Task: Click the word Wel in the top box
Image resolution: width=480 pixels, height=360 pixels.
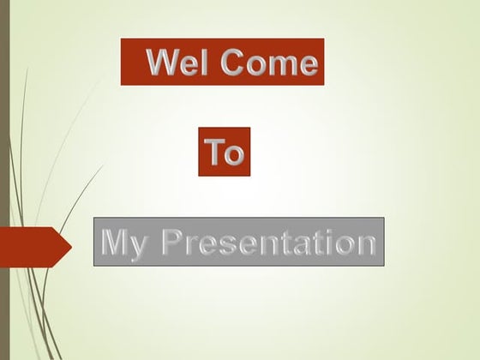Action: [177, 63]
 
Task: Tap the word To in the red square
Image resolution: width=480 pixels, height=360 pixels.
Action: [225, 153]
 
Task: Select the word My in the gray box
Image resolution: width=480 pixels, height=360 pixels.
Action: [121, 243]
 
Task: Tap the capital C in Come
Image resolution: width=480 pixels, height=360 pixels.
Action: [231, 63]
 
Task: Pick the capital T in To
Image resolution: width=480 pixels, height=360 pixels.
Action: [214, 153]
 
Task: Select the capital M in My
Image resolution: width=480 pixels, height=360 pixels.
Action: [115, 242]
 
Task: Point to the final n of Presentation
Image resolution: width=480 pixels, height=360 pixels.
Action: [366, 244]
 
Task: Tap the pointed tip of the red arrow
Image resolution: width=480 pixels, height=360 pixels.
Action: [69, 246]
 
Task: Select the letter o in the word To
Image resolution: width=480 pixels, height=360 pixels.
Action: [235, 155]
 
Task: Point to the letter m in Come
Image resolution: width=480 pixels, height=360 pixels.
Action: [281, 65]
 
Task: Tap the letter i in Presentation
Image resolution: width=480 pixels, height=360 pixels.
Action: [329, 243]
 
